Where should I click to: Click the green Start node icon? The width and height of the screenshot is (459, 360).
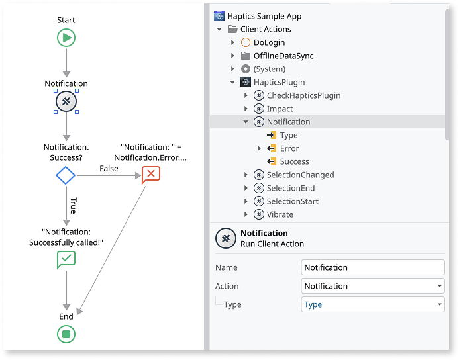[66, 38]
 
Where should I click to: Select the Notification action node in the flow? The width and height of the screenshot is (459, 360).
[66, 101]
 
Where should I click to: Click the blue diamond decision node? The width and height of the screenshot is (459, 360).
[66, 175]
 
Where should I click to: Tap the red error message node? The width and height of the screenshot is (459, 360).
[151, 174]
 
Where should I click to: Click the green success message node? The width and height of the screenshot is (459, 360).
[66, 260]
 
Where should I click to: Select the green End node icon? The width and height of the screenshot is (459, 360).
[66, 334]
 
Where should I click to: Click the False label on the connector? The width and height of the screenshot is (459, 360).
[109, 169]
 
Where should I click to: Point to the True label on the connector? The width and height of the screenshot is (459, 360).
[73, 205]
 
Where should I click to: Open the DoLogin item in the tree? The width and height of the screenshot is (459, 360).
[269, 42]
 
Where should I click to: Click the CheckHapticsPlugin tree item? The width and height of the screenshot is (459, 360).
[303, 95]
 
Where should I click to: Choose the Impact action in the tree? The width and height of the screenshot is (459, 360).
[280, 109]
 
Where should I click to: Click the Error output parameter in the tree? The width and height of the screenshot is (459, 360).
[289, 148]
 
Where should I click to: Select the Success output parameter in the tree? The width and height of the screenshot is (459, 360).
[294, 161]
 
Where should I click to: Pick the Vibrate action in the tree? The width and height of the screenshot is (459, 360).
[280, 214]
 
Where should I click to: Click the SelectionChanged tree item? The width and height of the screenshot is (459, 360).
[300, 175]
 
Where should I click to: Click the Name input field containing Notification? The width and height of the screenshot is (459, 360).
[372, 267]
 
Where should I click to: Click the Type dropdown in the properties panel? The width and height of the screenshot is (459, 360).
[372, 304]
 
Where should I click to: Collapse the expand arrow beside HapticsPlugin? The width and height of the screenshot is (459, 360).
[232, 82]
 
